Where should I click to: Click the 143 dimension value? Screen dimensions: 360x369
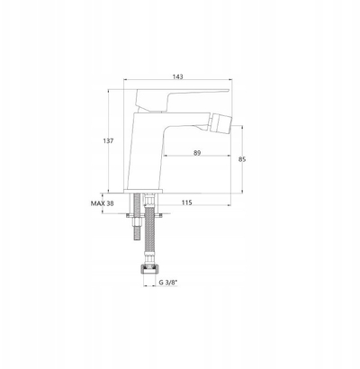point(177,76)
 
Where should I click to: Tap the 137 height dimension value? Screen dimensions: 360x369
point(108,140)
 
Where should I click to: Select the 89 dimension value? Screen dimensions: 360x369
point(197,153)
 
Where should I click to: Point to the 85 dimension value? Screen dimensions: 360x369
point(242,159)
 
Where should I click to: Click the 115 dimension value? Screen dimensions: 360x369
point(186,202)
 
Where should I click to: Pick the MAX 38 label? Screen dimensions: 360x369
point(103,203)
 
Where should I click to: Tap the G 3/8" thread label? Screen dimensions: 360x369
point(168,283)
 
